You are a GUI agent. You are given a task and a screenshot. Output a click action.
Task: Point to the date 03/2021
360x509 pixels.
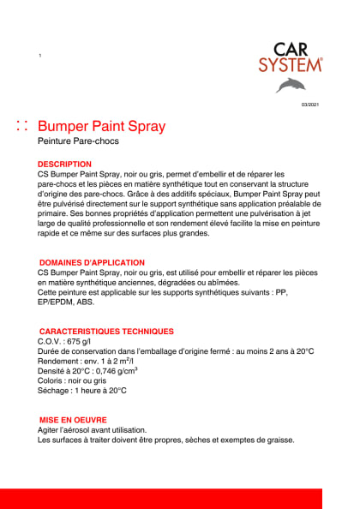click(x=309, y=104)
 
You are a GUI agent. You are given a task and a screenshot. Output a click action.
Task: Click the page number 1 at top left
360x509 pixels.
click(x=40, y=56)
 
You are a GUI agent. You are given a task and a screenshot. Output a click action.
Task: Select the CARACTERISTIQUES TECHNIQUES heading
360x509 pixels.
click(x=106, y=331)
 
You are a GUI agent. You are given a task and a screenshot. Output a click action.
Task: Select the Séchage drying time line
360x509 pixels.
click(x=81, y=391)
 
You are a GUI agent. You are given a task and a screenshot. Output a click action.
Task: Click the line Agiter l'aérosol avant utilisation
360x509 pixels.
click(x=93, y=430)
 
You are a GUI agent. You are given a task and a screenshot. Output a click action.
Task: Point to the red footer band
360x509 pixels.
click(x=180, y=498)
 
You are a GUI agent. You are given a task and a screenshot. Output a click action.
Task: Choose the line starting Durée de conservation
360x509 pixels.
click(x=176, y=351)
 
